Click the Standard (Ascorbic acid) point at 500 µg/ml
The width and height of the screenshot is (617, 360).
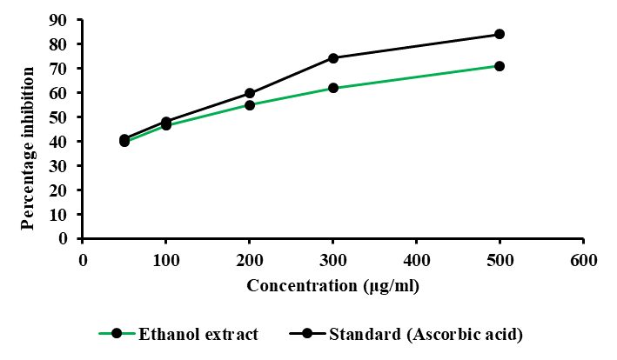click(x=500, y=34)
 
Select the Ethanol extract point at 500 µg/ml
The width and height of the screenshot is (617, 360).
click(x=500, y=66)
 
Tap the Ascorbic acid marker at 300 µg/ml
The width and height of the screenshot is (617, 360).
click(x=333, y=58)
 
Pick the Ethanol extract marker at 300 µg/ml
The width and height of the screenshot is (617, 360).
click(x=333, y=88)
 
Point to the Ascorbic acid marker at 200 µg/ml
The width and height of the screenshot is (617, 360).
click(x=250, y=93)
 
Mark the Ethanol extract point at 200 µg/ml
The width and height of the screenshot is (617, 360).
click(x=250, y=105)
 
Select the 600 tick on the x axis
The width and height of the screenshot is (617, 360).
click(x=583, y=260)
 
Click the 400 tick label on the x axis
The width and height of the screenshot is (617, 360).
click(x=416, y=260)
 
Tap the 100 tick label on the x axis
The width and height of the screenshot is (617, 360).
click(x=166, y=260)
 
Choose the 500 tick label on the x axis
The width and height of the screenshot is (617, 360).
click(x=500, y=260)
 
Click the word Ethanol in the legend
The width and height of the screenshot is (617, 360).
click(x=162, y=333)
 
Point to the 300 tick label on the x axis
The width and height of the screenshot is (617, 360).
click(x=333, y=260)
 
